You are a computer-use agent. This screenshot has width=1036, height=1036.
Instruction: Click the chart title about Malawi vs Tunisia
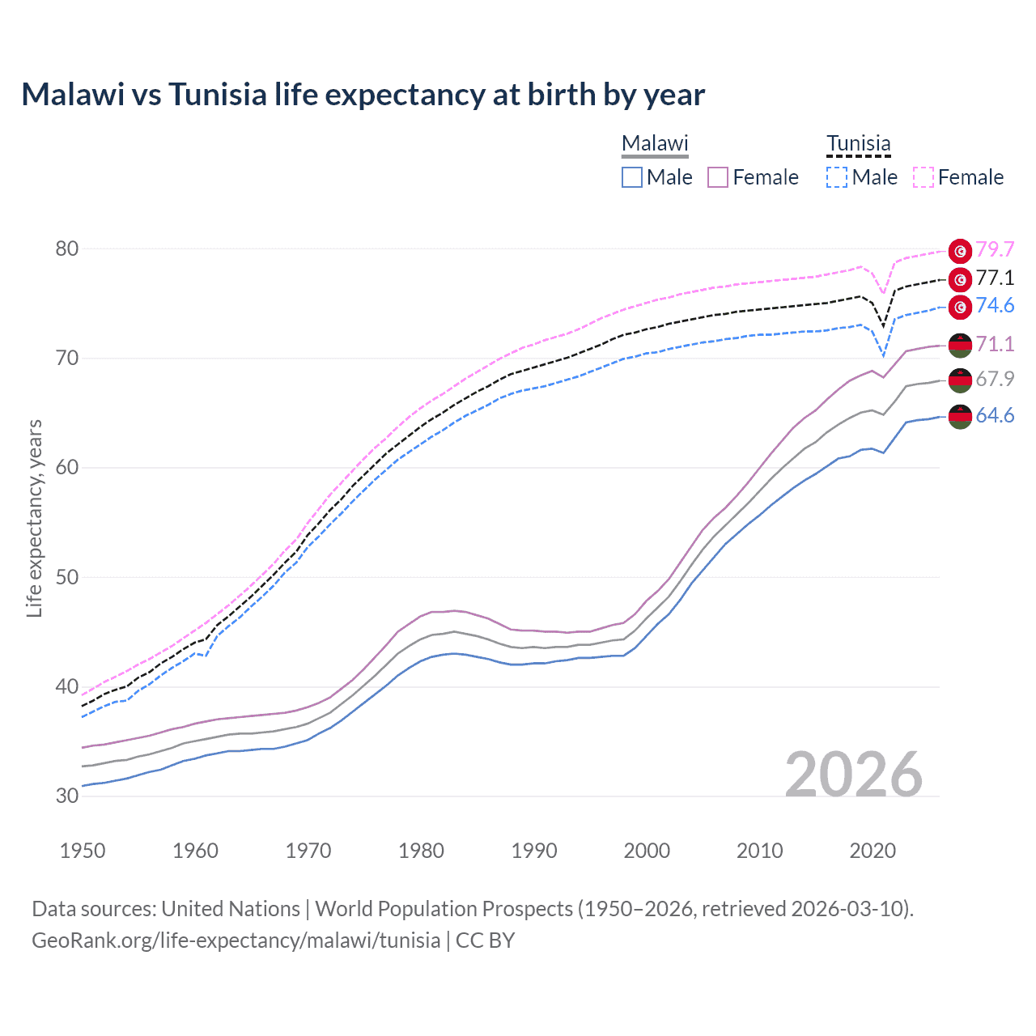coord(363,95)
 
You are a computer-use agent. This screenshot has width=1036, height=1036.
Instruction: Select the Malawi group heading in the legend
coord(655,143)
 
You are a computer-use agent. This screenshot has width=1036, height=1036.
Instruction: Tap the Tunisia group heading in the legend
coord(858,143)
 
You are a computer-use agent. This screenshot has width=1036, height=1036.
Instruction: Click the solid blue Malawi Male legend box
coord(632,177)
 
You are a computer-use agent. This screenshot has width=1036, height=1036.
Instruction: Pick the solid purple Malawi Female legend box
coord(718,177)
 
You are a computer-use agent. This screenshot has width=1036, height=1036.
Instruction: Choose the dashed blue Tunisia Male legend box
coord(837,177)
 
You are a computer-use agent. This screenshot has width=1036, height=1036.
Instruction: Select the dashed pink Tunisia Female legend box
coord(923,177)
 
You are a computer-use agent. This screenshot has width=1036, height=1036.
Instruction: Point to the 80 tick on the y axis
coord(67,248)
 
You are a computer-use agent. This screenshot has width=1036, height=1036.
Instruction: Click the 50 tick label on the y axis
coord(67,577)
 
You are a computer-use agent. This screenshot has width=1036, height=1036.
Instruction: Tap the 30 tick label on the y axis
coord(67,796)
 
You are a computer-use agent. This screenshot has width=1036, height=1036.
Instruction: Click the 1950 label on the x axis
coord(83,851)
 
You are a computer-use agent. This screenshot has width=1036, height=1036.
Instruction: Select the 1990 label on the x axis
coord(534,851)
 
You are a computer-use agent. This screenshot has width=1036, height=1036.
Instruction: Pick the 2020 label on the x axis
coord(873,851)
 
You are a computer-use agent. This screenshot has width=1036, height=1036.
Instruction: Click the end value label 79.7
coord(995,249)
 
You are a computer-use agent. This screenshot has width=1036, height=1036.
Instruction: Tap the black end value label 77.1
coord(995,278)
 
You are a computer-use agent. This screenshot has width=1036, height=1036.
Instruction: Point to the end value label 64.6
coord(995,416)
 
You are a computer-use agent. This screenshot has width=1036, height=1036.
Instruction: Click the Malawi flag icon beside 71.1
coord(960,345)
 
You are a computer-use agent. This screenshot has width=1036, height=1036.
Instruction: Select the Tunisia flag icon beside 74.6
coord(960,307)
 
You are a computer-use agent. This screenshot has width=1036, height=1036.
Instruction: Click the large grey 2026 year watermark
coord(853,775)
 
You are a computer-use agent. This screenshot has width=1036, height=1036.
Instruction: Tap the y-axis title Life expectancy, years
coord(34,518)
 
